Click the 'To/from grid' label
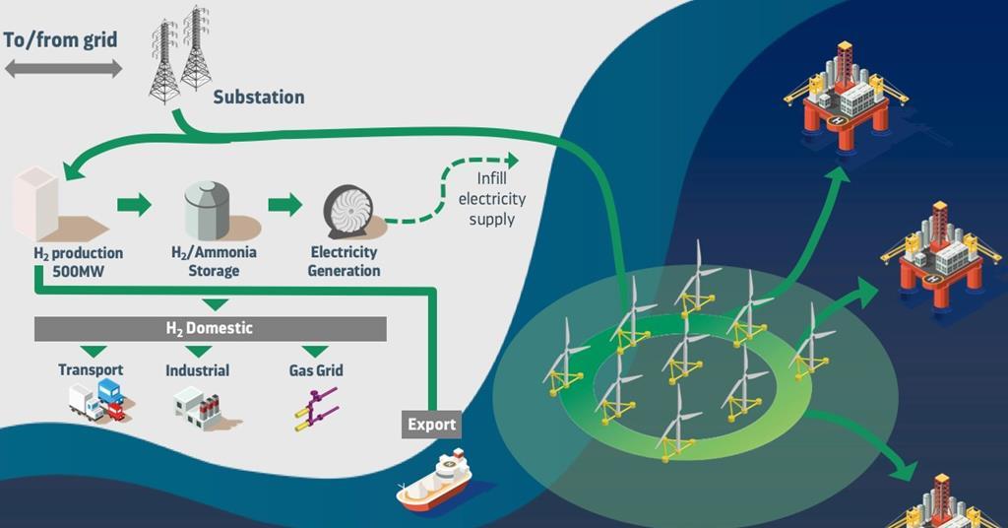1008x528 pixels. pos(61,40)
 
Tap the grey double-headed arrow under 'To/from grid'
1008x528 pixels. pos(63,69)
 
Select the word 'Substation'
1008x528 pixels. pos(259,97)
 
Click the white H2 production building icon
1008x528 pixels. pos(37,204)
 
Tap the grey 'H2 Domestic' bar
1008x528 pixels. pos(210,328)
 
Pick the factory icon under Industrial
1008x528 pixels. pos(197,404)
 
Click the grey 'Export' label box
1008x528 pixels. pos(431,425)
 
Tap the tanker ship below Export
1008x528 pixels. pos(434,483)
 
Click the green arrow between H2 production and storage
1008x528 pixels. pos(134,205)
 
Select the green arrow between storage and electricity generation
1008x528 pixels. pos(285,205)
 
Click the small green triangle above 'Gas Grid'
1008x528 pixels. pos(315,351)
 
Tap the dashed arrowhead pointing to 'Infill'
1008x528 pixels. pos(510,160)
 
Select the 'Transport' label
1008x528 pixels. pos(91,370)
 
